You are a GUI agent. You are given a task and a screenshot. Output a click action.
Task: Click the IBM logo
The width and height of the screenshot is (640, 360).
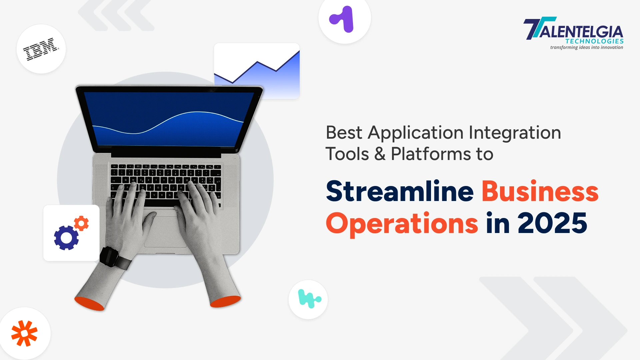[41, 49]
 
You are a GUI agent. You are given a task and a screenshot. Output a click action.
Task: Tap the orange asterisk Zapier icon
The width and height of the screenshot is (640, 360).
[24, 333]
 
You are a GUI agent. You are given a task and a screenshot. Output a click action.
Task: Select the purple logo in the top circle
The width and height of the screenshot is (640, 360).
[342, 19]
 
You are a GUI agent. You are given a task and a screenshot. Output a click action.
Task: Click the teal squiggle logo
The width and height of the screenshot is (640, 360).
[309, 299]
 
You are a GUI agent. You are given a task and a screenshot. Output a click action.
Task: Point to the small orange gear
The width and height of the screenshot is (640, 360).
[81, 223]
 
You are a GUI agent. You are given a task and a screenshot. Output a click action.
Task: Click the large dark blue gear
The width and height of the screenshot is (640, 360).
[66, 238]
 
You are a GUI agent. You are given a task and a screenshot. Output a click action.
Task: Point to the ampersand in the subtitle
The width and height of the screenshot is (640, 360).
[380, 154]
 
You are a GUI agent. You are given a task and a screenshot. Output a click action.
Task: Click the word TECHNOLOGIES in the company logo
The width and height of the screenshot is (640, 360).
[594, 41]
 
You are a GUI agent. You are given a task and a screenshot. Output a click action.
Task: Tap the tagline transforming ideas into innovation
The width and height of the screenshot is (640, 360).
[587, 47]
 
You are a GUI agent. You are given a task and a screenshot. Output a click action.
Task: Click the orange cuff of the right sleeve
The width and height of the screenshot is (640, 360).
[225, 301]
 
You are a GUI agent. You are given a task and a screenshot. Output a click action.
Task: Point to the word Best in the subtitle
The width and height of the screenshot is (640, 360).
[344, 133]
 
